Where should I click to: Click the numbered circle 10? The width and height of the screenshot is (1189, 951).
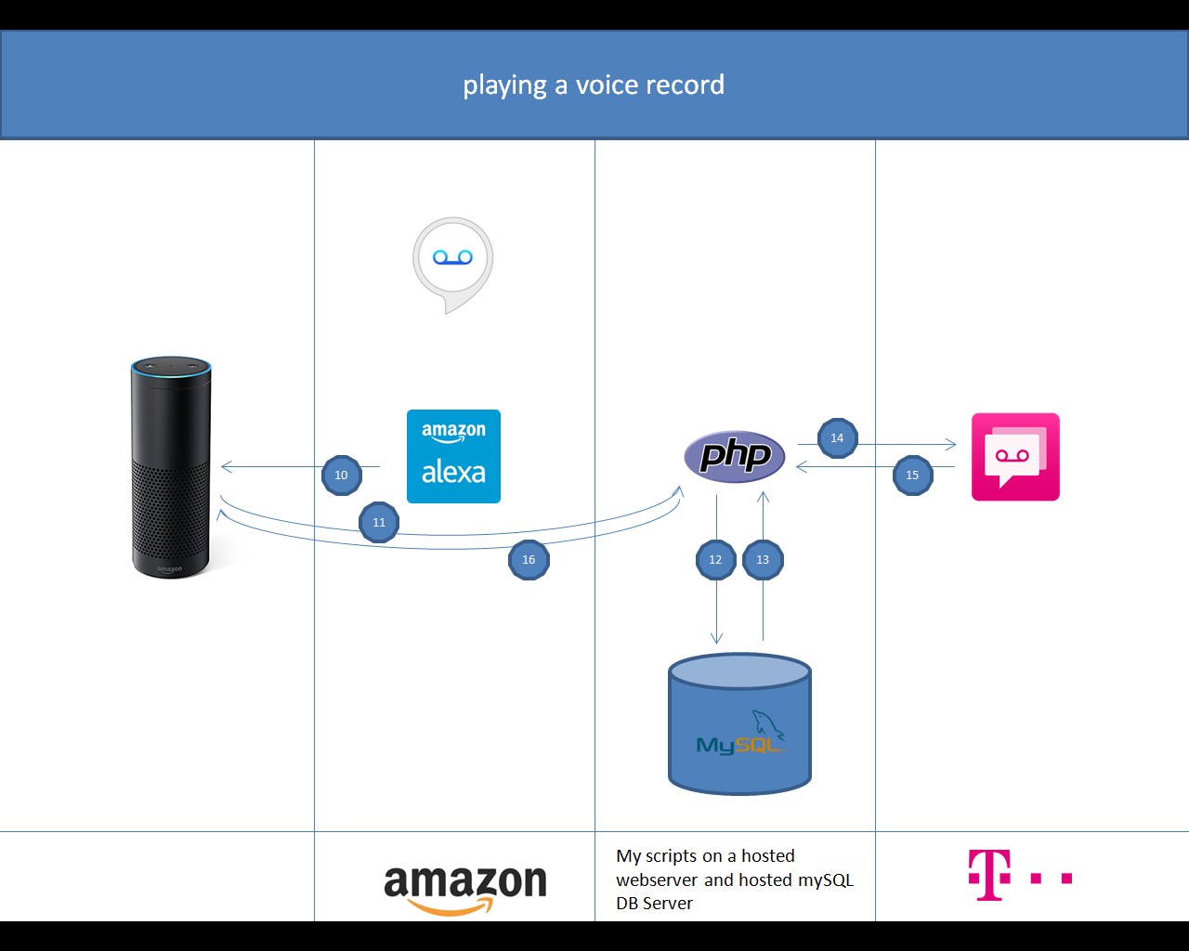pos(342,475)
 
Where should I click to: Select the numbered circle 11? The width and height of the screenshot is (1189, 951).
pos(379,522)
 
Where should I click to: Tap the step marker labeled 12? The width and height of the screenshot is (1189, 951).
pos(716,560)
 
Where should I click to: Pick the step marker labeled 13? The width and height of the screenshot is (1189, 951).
pos(763,560)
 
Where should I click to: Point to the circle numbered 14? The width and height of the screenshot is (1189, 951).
pos(838,438)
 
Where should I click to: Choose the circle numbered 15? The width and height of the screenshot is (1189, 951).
pos(912,475)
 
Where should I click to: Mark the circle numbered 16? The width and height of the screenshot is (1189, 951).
pos(529,560)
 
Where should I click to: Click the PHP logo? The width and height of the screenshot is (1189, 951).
pos(735,456)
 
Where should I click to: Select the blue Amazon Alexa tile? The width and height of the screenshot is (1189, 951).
pos(453,456)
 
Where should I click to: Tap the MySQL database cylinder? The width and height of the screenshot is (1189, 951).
pos(739,724)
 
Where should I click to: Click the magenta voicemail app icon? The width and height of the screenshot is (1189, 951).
pos(1015,457)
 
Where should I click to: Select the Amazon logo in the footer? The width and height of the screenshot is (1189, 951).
pos(464,886)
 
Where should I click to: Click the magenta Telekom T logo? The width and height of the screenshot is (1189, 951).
pos(989,875)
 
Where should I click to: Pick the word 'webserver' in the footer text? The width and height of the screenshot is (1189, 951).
pos(657,880)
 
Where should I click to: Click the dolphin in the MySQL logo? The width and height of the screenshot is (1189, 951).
pos(767,723)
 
